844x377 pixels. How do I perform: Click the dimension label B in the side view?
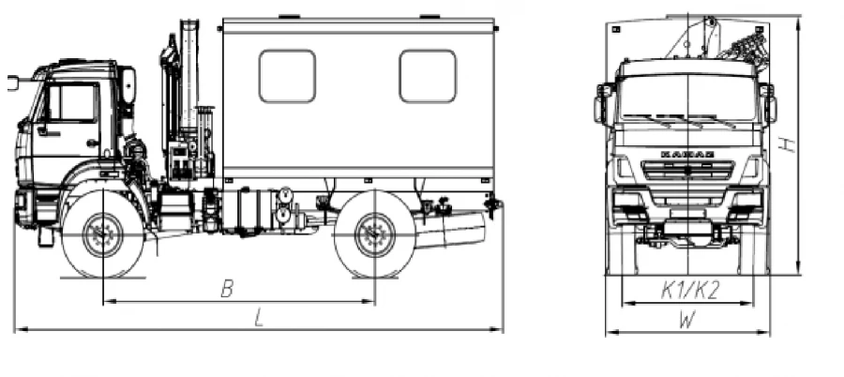[x=227, y=289]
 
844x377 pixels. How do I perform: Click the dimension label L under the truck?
[x=260, y=319]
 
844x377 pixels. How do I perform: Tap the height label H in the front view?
[x=788, y=144]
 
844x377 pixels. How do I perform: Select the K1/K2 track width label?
[x=690, y=291]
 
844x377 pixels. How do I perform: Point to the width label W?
[x=687, y=321]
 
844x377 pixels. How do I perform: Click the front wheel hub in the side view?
[x=103, y=234]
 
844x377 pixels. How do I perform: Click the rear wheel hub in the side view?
[x=375, y=234]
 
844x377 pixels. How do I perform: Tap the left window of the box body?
[x=287, y=76]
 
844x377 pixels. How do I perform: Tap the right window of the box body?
[x=428, y=76]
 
